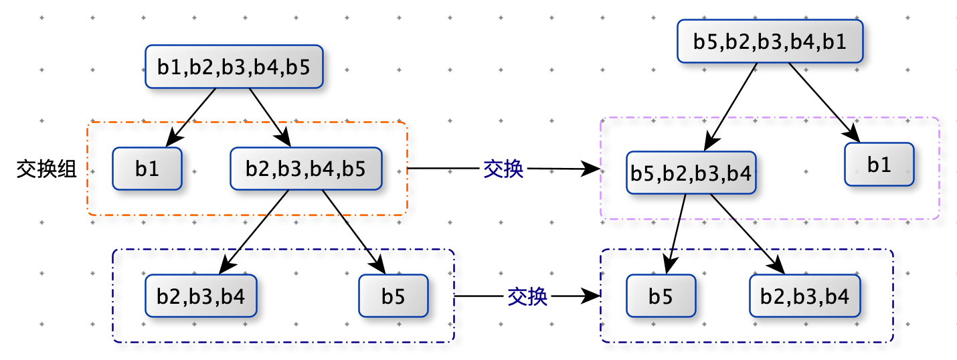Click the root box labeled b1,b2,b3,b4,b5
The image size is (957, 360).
(x=234, y=67)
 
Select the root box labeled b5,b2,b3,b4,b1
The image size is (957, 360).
(x=770, y=41)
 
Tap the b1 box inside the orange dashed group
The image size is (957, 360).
(x=147, y=168)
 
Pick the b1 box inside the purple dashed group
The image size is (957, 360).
(x=879, y=164)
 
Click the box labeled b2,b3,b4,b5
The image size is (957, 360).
(x=306, y=168)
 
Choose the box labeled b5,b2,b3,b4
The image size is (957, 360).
(x=691, y=173)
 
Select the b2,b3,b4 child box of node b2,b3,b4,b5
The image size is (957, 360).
(x=201, y=296)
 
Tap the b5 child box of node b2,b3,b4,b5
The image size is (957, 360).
(x=393, y=296)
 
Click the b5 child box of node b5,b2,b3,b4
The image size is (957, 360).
(x=661, y=296)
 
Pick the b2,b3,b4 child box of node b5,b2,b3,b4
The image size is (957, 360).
(x=805, y=296)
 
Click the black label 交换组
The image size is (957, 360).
(x=46, y=169)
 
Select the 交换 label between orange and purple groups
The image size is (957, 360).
(x=503, y=169)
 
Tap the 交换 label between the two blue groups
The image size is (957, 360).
(x=527, y=296)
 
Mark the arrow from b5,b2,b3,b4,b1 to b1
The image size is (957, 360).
(x=824, y=102)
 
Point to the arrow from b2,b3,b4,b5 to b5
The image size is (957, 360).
(x=354, y=232)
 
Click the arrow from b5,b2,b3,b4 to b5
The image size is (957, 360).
(x=675, y=234)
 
